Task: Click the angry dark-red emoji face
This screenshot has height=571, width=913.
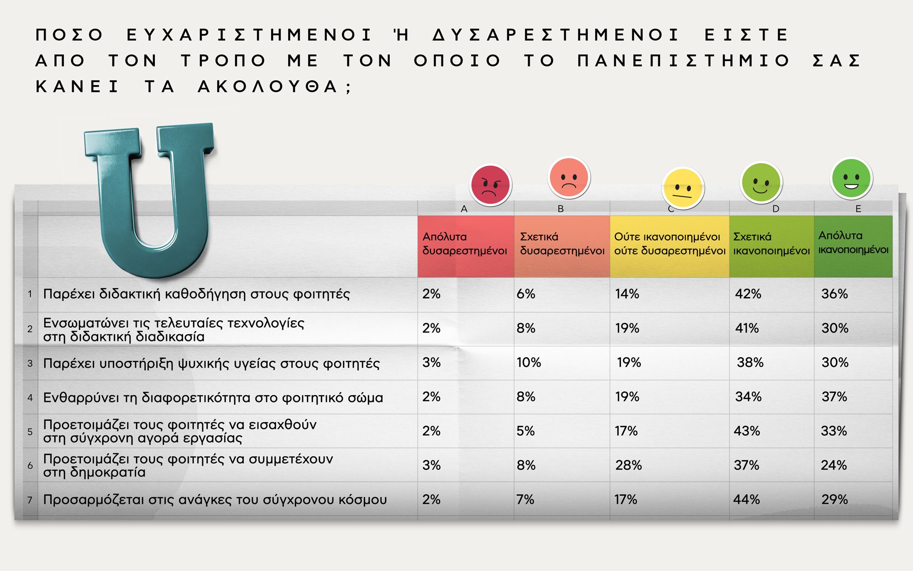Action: pyautogui.click(x=491, y=185)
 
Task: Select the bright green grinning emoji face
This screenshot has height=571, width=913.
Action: pyautogui.click(x=852, y=178)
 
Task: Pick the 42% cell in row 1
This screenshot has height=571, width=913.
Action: pyautogui.click(x=748, y=294)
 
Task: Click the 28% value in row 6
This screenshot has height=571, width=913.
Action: pyautogui.click(x=628, y=465)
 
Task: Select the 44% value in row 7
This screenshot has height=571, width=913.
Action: pyautogui.click(x=747, y=499)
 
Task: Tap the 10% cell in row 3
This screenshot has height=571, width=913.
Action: pyautogui.click(x=529, y=362)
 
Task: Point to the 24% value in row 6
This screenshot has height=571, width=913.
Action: pyautogui.click(x=834, y=465)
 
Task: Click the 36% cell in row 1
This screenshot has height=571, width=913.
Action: pyautogui.click(x=834, y=294)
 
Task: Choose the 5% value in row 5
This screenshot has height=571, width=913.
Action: pyautogui.click(x=525, y=431)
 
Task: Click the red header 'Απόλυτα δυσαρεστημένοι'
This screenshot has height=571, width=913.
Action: pyautogui.click(x=465, y=243)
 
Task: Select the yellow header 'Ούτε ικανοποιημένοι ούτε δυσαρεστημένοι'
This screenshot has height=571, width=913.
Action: pyautogui.click(x=670, y=243)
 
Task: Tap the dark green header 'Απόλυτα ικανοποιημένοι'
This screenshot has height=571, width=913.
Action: pyautogui.click(x=853, y=243)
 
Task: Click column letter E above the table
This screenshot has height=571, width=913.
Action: pyautogui.click(x=858, y=209)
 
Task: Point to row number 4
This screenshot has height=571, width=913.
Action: pyautogui.click(x=30, y=397)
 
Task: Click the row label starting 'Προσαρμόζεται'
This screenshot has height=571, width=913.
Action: pyautogui.click(x=215, y=500)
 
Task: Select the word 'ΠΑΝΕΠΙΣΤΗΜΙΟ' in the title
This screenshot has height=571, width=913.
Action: pyautogui.click(x=683, y=61)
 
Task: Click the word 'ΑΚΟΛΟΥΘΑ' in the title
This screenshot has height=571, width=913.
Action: pyautogui.click(x=268, y=86)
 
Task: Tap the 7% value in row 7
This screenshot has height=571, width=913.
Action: pyautogui.click(x=525, y=499)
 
